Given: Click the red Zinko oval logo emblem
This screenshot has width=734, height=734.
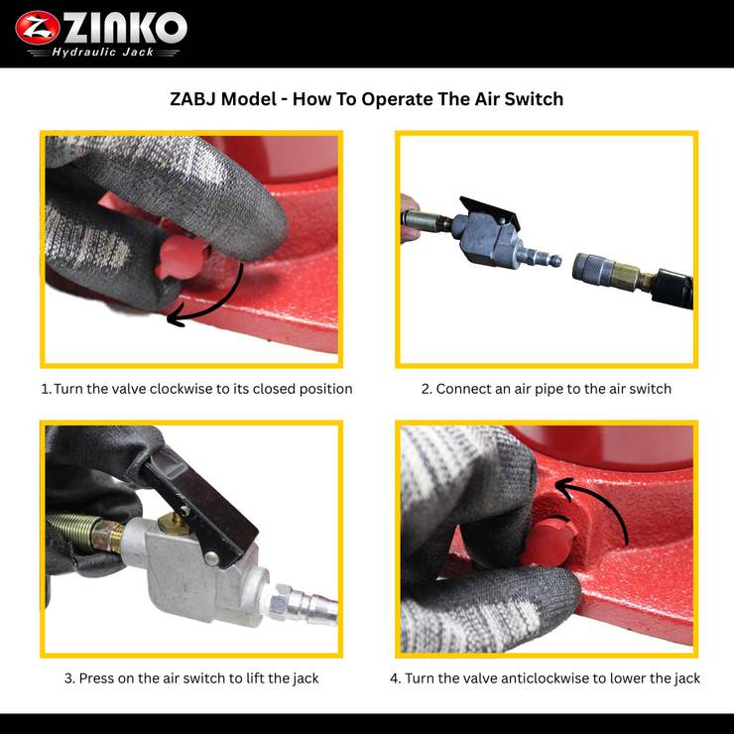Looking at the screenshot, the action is click(38, 28).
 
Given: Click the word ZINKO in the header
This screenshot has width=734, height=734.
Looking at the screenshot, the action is click(125, 28).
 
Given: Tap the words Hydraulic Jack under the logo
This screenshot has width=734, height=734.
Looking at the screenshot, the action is click(102, 52).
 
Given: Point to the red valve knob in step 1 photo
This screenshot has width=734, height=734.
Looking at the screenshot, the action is click(182, 258).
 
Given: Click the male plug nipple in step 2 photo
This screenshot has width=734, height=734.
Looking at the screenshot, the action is click(541, 258).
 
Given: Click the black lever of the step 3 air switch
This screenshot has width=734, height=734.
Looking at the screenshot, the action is click(200, 507).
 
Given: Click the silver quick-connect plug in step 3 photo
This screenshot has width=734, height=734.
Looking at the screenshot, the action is click(304, 605).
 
